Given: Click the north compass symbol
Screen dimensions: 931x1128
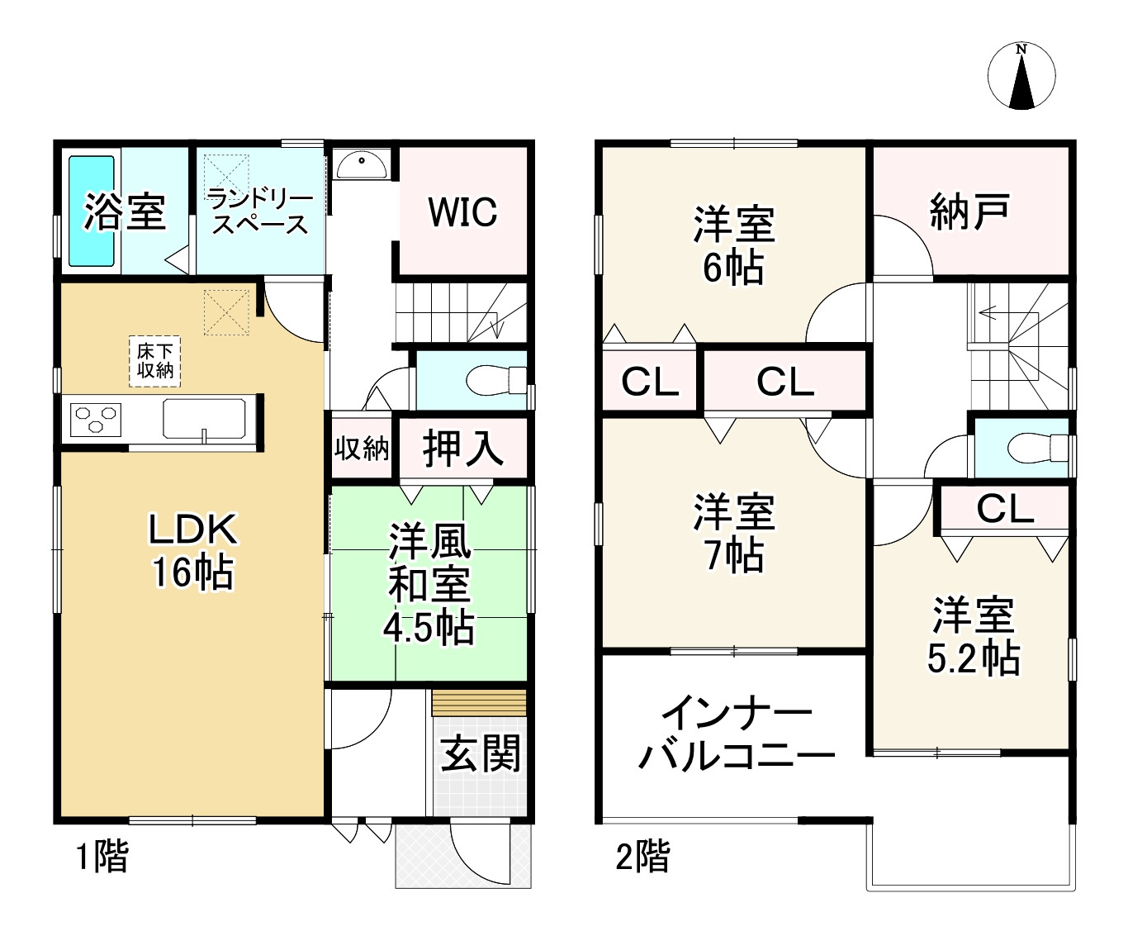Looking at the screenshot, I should point(1021,76).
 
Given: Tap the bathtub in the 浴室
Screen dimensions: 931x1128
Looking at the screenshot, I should point(91,211).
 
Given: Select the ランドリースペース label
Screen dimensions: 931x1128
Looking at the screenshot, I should point(259,211).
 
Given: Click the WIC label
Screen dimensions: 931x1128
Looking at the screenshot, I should point(462,212).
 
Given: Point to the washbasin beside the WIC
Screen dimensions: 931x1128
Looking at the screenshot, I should point(361,164).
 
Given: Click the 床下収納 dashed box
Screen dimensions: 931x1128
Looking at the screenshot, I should point(155,361).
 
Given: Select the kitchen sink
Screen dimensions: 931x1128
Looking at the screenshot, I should point(204,419).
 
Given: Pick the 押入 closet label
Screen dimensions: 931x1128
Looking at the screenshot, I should point(462,449).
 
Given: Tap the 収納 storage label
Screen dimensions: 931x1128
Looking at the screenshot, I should point(362,449).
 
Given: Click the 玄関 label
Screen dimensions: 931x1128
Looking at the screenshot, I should point(480,753).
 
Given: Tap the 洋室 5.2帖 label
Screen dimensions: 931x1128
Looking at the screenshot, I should point(973,637).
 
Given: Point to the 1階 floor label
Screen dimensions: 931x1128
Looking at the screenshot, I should point(102,857).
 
